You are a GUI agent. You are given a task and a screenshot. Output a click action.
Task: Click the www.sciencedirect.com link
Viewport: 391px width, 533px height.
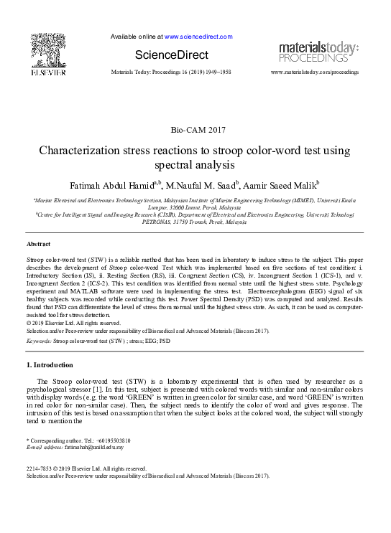click(x=198, y=36)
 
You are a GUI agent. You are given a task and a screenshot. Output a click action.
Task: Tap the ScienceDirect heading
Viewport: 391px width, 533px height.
click(x=172, y=55)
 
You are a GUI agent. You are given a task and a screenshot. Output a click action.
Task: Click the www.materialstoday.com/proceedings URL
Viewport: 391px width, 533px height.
click(x=314, y=72)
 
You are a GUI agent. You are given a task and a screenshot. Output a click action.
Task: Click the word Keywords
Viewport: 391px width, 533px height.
click(x=38, y=341)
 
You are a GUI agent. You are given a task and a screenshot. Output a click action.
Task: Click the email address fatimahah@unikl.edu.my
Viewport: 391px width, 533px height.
click(x=93, y=447)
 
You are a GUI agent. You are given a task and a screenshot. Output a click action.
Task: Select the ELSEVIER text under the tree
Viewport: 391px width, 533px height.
click(x=48, y=72)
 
